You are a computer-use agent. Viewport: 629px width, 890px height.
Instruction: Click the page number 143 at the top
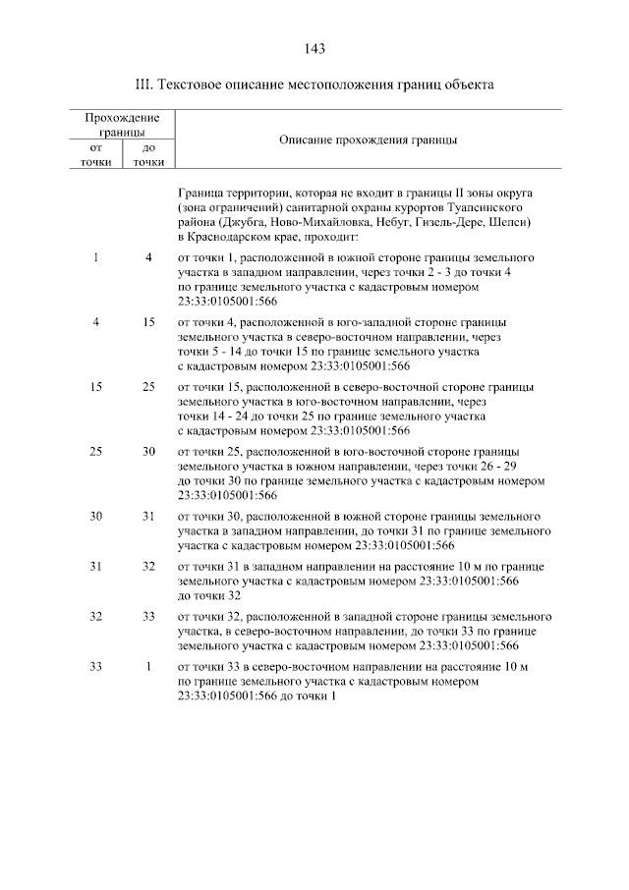314,48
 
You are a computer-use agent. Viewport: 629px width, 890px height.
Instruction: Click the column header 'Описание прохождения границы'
369,140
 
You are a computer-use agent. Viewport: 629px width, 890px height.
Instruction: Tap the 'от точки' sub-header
96,154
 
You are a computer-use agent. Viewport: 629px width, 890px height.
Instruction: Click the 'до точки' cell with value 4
148,257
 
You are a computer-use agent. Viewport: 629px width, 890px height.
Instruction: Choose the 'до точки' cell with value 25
148,387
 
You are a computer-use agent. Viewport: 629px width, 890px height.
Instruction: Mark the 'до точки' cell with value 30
148,452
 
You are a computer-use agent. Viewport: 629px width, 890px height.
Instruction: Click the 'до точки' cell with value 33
148,616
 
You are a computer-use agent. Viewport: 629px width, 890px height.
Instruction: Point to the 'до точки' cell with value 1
148,667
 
